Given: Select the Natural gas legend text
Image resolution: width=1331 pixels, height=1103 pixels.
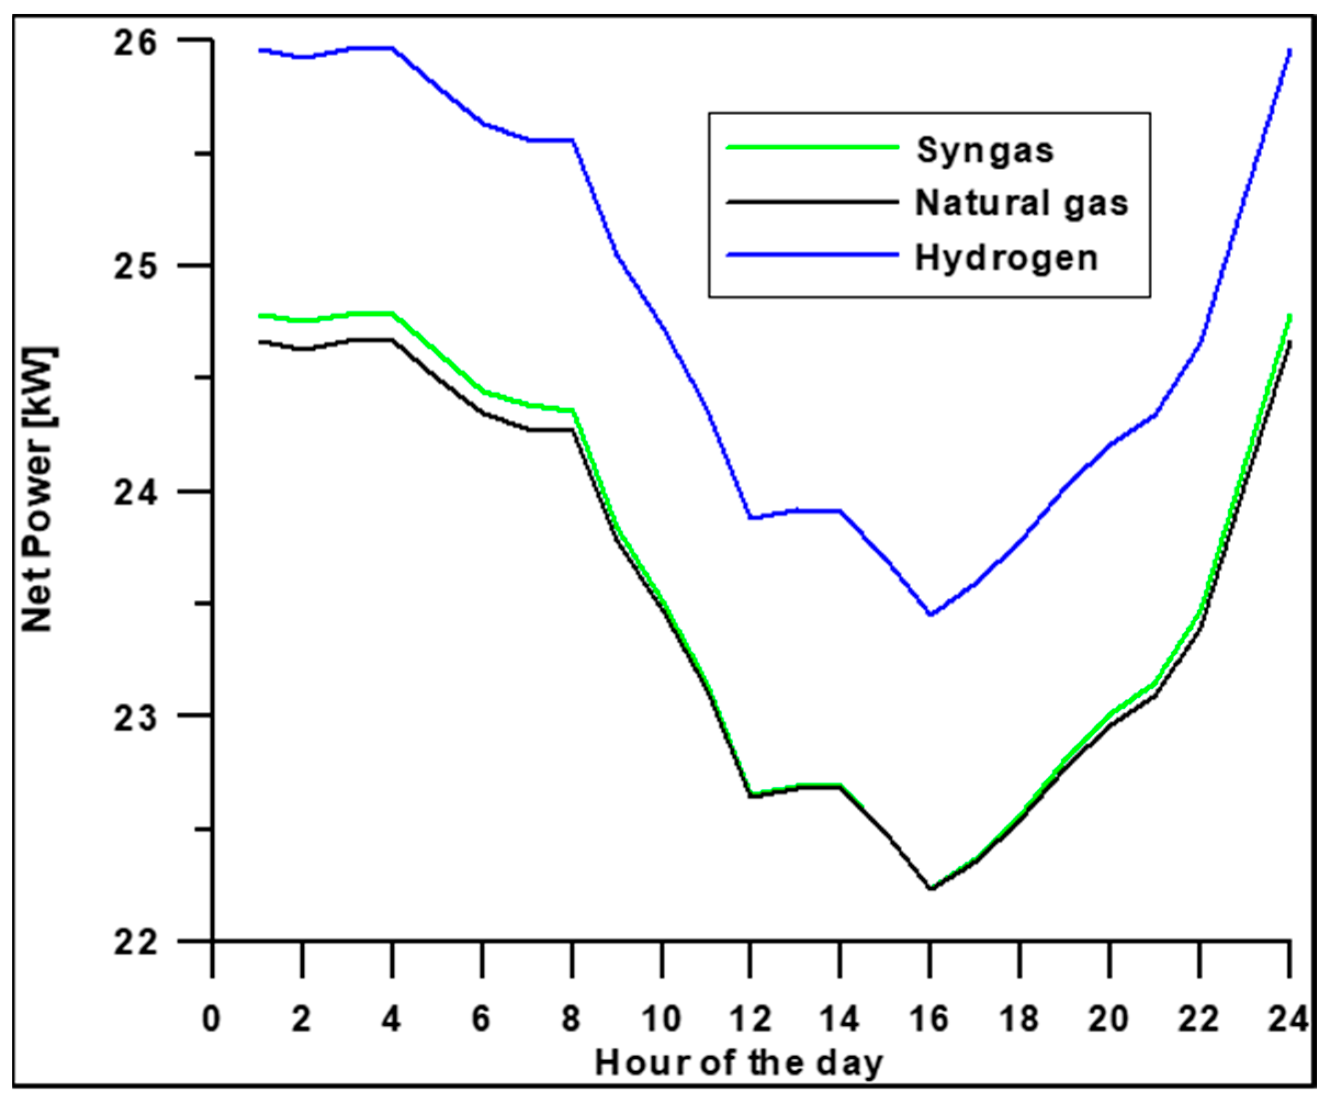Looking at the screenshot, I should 1021,204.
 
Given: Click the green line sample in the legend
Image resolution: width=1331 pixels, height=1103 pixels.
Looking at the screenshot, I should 813,147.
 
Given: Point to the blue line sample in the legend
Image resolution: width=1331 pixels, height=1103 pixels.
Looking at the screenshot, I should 813,255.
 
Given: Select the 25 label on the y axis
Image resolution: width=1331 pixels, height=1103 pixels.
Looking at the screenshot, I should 134,268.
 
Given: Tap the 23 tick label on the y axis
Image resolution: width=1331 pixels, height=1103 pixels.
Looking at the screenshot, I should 134,719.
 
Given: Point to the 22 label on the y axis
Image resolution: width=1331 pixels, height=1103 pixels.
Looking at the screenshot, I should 134,943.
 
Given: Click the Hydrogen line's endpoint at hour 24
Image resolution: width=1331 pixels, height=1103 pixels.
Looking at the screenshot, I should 1289,50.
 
